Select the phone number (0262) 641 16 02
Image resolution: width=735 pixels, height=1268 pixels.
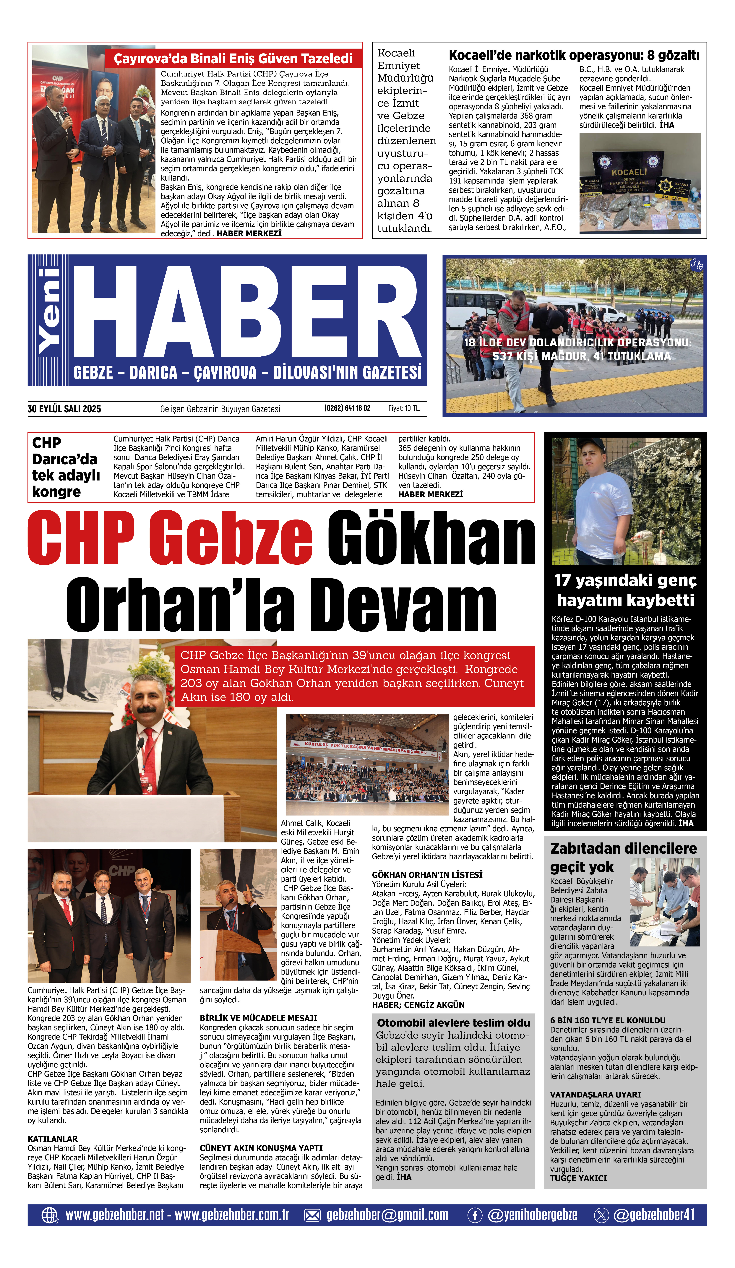click(x=347, y=408)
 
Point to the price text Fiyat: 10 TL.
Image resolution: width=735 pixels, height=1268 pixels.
click(x=404, y=408)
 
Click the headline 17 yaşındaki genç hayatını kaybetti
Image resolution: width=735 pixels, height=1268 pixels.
click(x=625, y=590)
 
